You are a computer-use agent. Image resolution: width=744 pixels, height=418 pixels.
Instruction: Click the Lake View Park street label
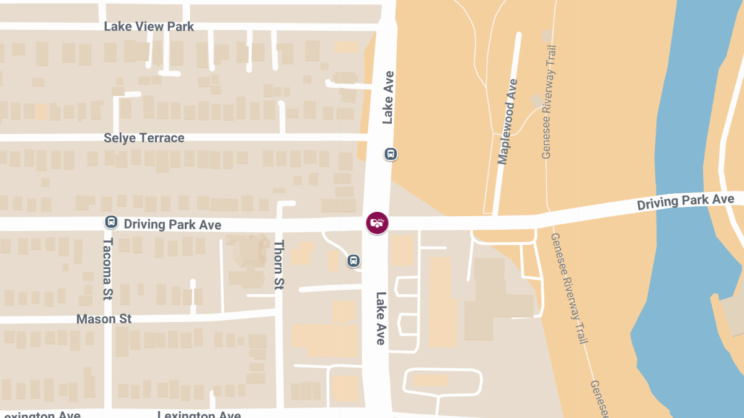pos(149,27)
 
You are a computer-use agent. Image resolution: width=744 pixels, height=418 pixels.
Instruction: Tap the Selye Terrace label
pos(144,137)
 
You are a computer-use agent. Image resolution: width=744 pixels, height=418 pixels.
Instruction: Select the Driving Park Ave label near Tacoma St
pos(172,224)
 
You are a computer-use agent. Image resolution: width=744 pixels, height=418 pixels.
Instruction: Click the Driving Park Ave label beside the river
pos(686,202)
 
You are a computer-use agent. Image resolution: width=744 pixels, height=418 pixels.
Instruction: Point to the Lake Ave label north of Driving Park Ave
pos(389,97)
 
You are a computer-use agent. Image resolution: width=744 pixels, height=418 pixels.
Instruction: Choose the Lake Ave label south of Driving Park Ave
pos(381,318)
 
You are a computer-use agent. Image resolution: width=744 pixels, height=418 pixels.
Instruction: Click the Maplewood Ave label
pos(507,121)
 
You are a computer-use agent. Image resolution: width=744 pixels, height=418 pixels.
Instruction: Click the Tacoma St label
pos(108,269)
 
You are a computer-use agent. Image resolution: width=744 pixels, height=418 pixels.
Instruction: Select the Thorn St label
pos(279,264)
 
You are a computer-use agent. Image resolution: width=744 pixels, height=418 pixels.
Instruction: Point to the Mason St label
pos(104,319)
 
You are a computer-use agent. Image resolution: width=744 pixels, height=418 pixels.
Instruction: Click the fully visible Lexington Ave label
pos(198,414)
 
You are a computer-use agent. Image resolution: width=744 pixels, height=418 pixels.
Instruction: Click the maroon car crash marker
pos(377,223)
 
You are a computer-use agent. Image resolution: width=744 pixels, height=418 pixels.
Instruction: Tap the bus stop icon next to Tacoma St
pos(111,222)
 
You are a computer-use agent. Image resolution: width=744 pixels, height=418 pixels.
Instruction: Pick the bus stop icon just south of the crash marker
pos(353,261)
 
